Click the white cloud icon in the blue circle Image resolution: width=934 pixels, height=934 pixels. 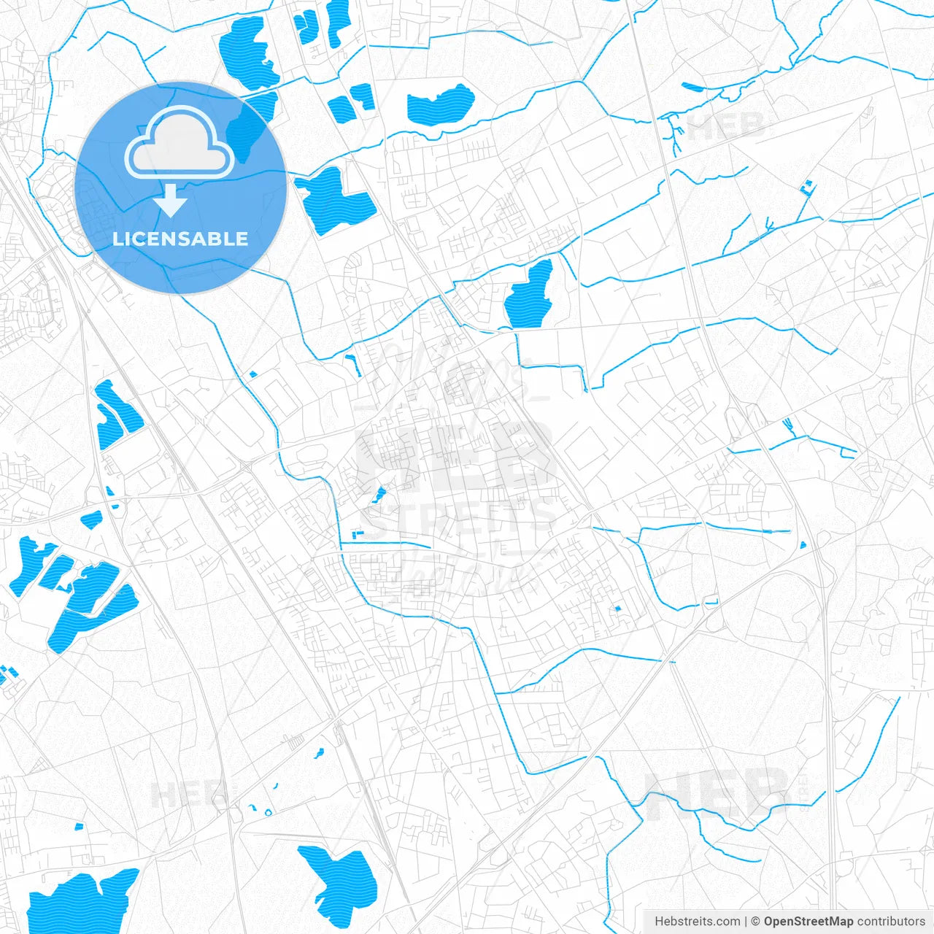tap(180, 144)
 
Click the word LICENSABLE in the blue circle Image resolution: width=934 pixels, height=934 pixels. tap(180, 239)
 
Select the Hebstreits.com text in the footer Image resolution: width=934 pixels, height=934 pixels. tap(697, 922)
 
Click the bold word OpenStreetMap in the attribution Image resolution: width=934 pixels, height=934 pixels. tap(808, 922)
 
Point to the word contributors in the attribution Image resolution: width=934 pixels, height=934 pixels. tap(891, 922)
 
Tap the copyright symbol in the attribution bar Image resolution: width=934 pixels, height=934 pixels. tap(756, 922)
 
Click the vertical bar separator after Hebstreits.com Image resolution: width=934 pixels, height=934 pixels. tap(746, 922)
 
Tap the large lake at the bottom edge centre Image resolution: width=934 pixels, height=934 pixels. tap(341, 882)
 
